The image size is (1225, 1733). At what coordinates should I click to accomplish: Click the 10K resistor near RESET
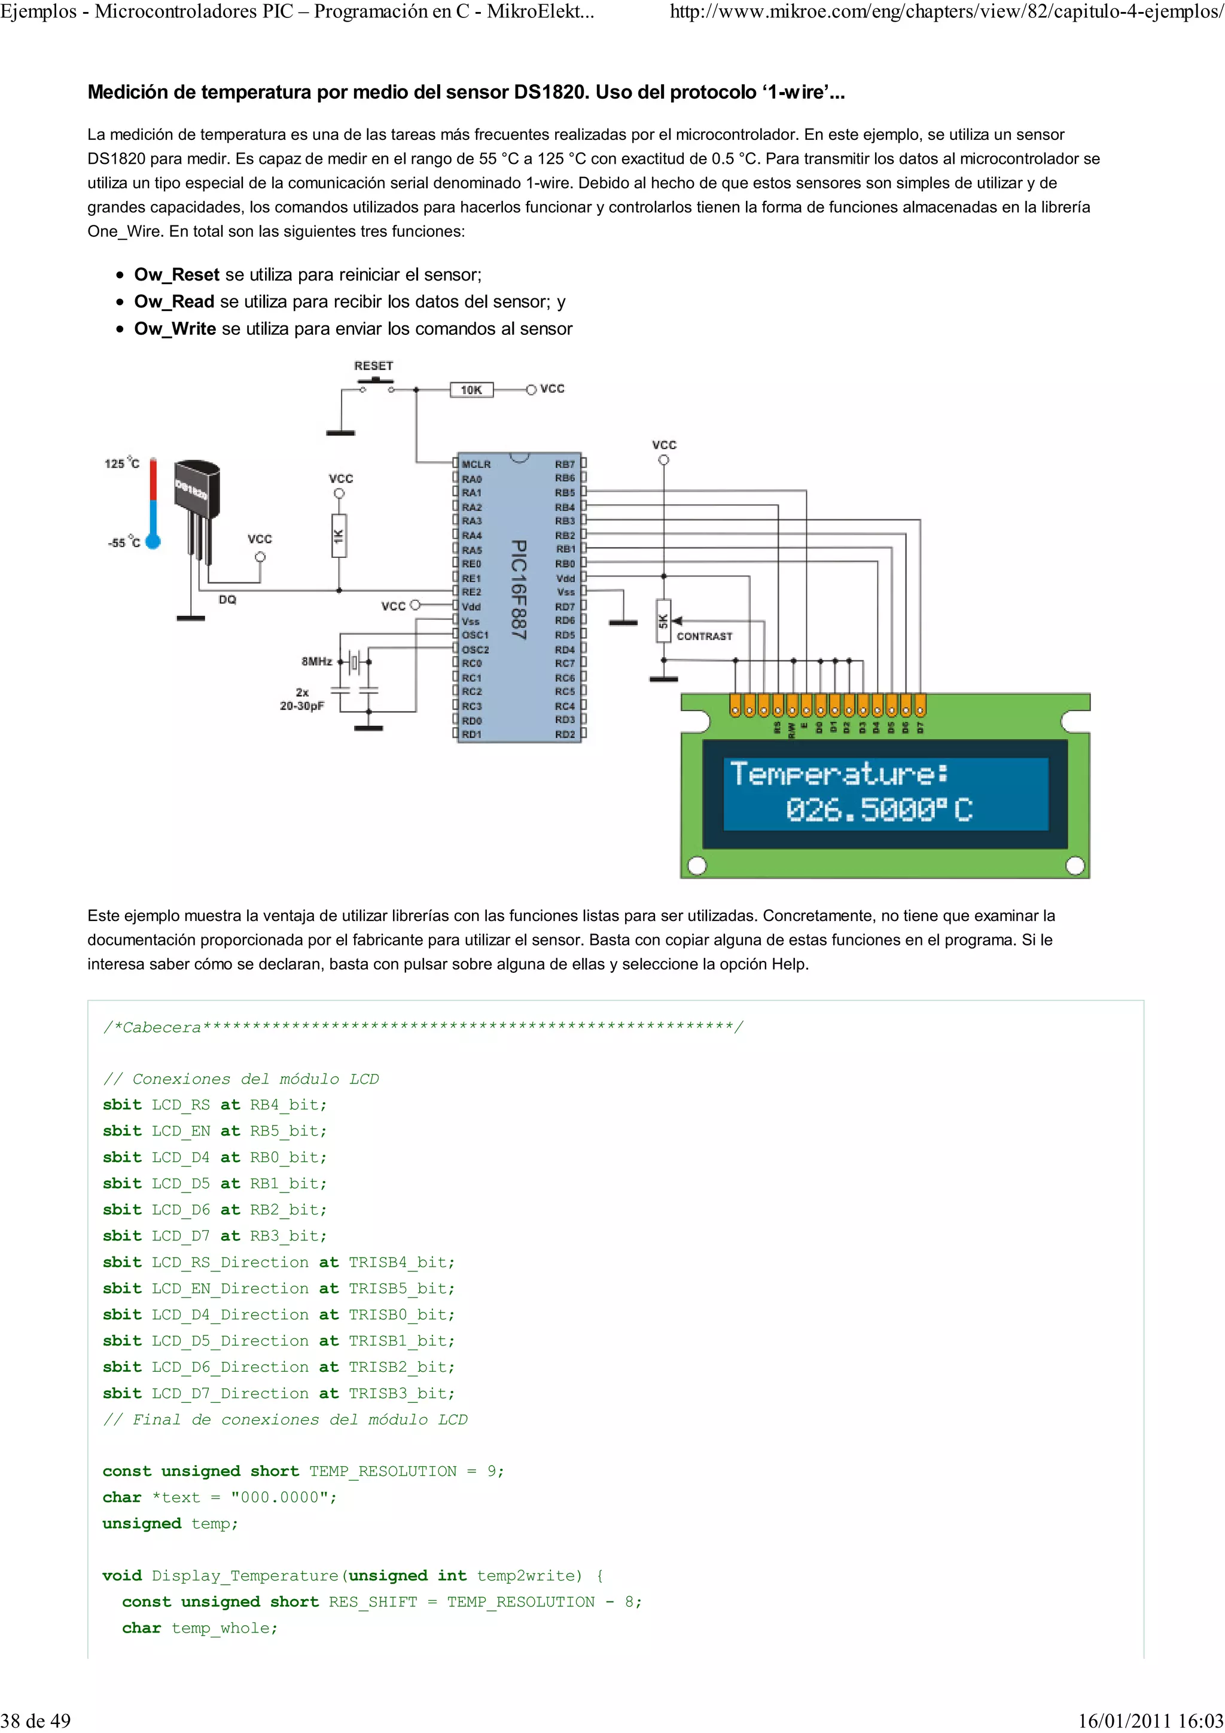(x=471, y=389)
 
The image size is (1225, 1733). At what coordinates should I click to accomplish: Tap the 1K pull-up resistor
(x=339, y=536)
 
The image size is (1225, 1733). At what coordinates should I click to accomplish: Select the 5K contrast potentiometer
(x=663, y=621)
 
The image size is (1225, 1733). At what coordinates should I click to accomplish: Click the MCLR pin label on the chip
(x=476, y=464)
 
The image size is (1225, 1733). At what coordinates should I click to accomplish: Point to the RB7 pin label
(x=565, y=464)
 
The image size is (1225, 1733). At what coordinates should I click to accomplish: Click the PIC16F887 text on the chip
(x=519, y=590)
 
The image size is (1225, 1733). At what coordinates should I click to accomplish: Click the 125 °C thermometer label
(x=121, y=463)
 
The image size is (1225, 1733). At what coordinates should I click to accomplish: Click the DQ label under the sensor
(x=227, y=599)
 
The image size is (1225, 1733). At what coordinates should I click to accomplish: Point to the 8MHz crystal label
(x=316, y=661)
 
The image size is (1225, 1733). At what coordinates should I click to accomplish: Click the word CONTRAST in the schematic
(x=704, y=636)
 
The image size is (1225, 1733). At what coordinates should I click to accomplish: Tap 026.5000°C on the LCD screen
(x=879, y=810)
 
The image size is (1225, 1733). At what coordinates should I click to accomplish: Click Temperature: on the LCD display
(x=839, y=774)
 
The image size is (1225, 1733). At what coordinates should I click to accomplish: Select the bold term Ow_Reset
(x=176, y=274)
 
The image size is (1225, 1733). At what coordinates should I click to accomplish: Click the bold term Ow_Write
(x=175, y=329)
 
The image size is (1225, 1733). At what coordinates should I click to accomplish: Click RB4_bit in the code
(x=288, y=1105)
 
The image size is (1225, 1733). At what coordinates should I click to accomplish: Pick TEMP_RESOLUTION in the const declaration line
(x=383, y=1471)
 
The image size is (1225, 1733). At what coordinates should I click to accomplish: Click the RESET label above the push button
(x=374, y=365)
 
